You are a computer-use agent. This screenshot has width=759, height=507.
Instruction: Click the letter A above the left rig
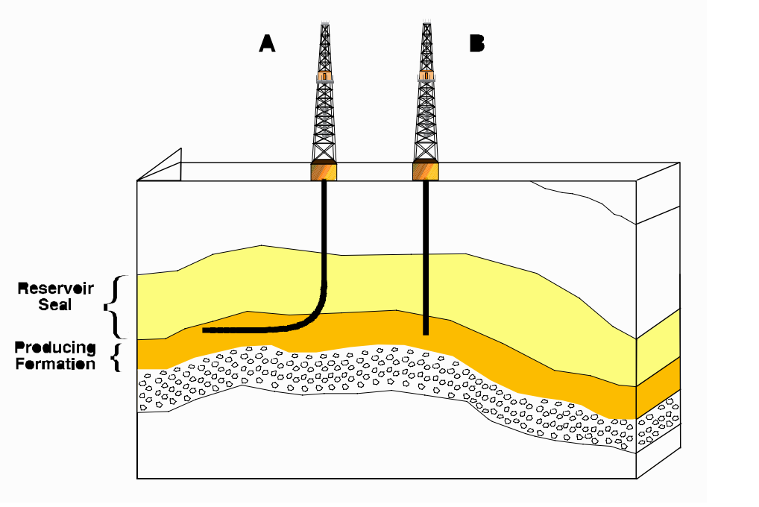click(x=267, y=44)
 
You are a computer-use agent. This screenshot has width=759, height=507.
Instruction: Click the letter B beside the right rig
click(x=476, y=44)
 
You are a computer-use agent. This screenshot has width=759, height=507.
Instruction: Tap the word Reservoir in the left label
click(x=45, y=289)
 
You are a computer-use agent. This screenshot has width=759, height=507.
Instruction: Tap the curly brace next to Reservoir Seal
click(x=112, y=306)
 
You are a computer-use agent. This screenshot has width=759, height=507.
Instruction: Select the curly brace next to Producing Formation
click(x=115, y=357)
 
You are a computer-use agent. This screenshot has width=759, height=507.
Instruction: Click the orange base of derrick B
click(x=426, y=171)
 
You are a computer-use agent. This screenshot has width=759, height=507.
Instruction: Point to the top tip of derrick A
click(x=324, y=23)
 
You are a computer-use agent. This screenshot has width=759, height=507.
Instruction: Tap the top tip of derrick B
click(x=426, y=23)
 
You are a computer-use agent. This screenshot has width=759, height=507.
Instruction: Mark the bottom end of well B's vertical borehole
click(x=426, y=332)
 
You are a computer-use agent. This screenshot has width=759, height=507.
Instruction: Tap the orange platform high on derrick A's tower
click(x=324, y=76)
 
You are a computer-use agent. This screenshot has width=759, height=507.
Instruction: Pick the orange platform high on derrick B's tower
click(x=426, y=76)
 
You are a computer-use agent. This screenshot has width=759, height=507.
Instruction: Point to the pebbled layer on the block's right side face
click(x=659, y=421)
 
